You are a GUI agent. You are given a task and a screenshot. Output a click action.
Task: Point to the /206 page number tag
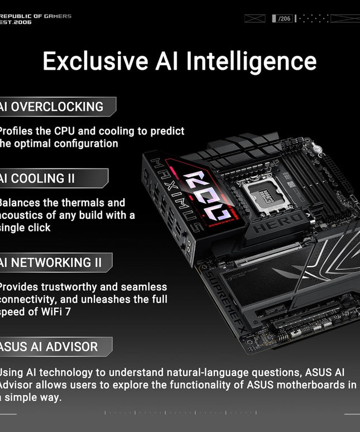(284, 18)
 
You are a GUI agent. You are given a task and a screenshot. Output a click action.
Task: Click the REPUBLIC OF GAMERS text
(36, 16)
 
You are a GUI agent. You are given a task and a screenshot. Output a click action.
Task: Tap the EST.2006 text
(16, 22)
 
